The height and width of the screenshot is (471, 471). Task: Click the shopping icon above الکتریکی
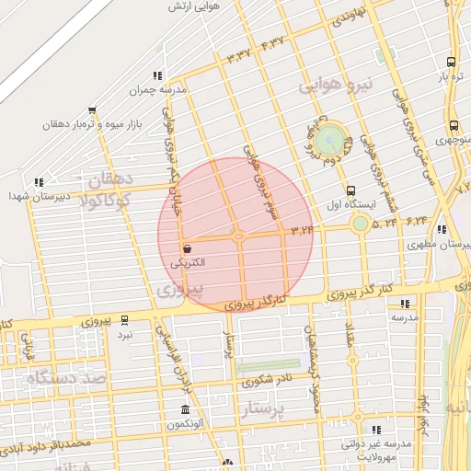pos(188,248)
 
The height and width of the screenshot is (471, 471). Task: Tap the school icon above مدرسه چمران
pos(157,75)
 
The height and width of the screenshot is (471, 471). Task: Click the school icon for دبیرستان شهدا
pos(38,182)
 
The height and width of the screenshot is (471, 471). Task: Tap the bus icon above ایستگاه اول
pos(350,190)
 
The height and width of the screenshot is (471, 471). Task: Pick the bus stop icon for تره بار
pos(450,62)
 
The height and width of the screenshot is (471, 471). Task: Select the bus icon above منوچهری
pos(454,126)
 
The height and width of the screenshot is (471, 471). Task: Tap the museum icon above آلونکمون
pos(186,409)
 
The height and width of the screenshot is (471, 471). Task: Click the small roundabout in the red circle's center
pos(238,236)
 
